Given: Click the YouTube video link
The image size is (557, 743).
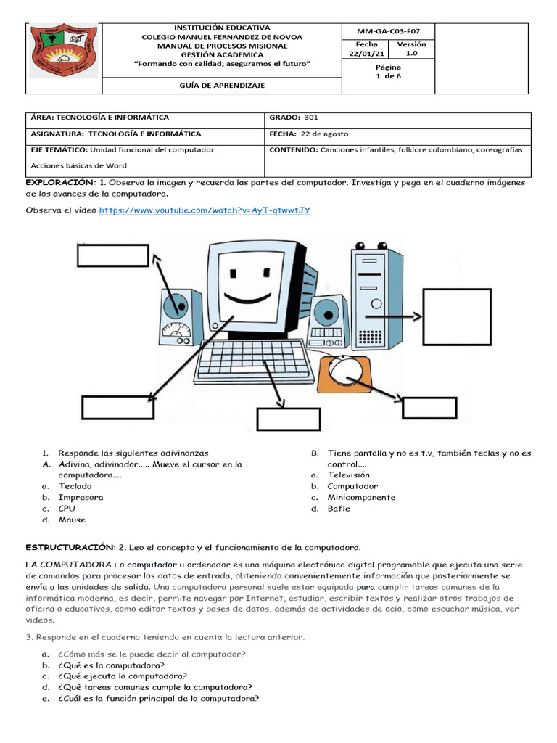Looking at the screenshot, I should [205, 210].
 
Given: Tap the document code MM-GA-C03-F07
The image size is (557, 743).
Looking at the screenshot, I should [388, 31].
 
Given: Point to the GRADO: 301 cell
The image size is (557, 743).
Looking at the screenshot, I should [294, 117].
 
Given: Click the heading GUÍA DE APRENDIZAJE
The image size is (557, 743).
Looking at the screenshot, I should [222, 86].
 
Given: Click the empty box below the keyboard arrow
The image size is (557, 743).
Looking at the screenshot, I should [288, 419].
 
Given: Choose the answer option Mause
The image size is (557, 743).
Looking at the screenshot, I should [72, 520].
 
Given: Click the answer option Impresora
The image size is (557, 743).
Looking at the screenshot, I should [81, 497].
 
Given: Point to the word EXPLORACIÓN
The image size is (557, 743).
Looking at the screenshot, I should [60, 182].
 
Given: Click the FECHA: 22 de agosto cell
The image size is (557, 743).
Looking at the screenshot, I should [309, 134].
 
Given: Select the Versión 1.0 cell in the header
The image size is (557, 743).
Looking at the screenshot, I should [411, 49].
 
